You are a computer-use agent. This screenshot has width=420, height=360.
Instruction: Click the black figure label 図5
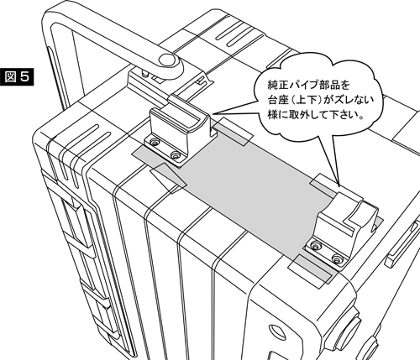click(x=17, y=76)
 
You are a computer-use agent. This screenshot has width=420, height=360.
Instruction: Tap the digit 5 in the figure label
click(x=24, y=77)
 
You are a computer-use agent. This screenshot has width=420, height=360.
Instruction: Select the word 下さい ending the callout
click(x=343, y=115)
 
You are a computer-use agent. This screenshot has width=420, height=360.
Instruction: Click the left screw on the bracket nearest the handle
click(x=154, y=143)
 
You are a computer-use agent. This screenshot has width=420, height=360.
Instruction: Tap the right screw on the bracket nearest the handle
click(x=176, y=154)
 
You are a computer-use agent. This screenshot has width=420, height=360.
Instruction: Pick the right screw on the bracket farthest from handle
click(x=337, y=259)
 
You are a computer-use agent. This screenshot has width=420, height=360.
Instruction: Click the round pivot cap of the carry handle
click(x=167, y=60)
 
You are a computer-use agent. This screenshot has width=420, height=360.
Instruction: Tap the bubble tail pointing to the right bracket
click(x=329, y=159)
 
